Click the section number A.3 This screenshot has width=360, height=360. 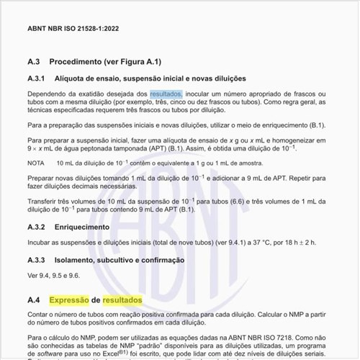[36, 62]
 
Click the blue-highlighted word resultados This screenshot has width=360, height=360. [166, 94]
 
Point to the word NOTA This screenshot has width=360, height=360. [35, 163]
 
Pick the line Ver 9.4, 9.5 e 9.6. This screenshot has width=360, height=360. [53, 275]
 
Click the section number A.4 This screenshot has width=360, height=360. [34, 299]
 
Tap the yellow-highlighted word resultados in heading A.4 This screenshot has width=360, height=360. [122, 299]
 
